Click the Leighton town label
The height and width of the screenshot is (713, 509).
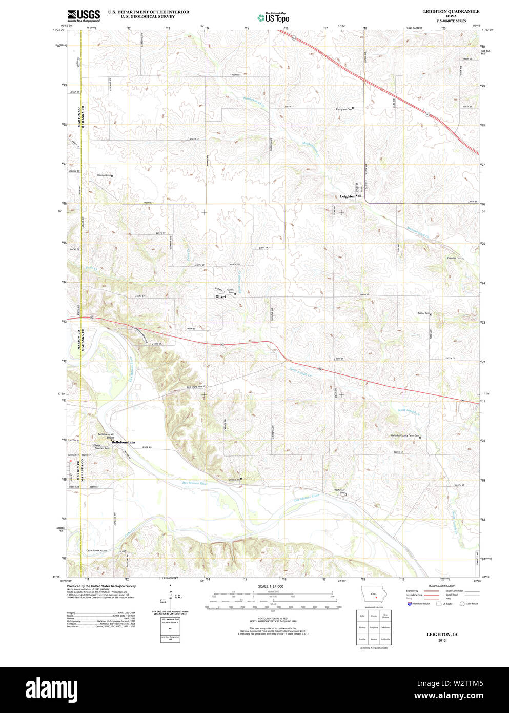[x=347, y=196]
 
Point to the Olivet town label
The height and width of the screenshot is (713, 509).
[x=220, y=296]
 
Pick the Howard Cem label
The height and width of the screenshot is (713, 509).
[x=104, y=175]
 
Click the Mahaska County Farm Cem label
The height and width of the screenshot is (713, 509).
[x=405, y=436]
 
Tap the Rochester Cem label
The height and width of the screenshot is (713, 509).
[x=339, y=491]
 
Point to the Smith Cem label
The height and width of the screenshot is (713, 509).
[x=234, y=480]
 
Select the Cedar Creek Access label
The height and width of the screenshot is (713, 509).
[x=96, y=550]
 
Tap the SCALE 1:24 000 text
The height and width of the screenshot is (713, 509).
[x=271, y=586]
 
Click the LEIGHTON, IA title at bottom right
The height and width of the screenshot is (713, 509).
[x=442, y=635]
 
